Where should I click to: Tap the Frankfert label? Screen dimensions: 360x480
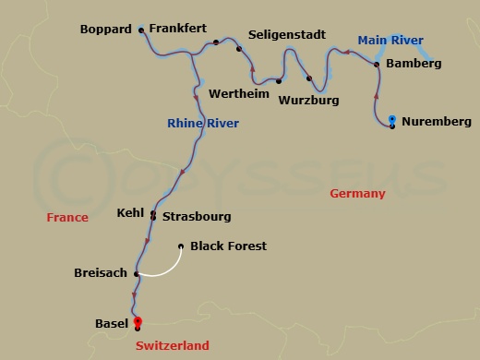(178, 30)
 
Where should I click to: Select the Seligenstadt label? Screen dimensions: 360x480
(288, 35)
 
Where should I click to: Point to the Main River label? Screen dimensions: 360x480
(390, 40)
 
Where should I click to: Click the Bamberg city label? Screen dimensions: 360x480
(413, 64)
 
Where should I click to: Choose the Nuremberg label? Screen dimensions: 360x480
(437, 122)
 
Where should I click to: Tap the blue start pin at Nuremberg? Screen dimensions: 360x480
(392, 120)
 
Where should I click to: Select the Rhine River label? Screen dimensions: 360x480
(203, 123)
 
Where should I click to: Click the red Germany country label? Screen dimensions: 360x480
(357, 194)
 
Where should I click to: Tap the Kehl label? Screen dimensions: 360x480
(130, 213)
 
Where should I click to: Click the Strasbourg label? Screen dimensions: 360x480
(197, 217)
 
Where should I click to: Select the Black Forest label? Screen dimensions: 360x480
(227, 246)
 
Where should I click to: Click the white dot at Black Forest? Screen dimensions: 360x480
(180, 246)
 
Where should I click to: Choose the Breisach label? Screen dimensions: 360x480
(101, 273)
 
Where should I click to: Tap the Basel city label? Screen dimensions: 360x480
(112, 324)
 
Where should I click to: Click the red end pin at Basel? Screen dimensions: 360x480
(138, 321)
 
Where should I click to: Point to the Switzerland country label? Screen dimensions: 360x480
(172, 346)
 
